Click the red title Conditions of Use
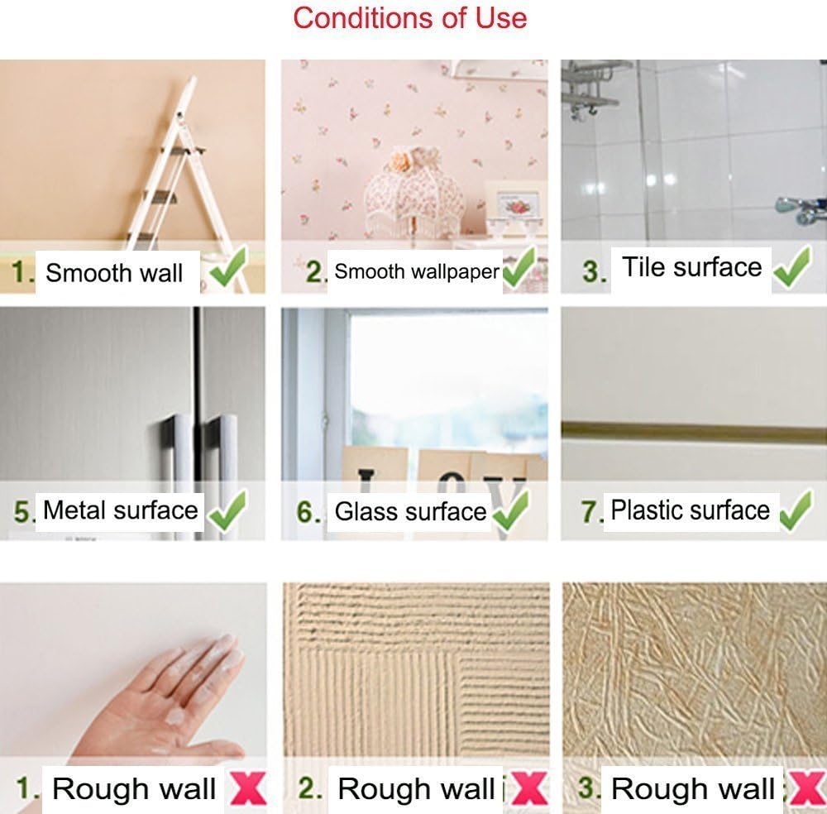click(x=410, y=18)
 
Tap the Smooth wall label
click(x=114, y=273)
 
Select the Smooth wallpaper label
click(x=417, y=271)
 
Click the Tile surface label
click(x=692, y=267)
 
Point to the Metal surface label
click(x=120, y=510)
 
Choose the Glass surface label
click(x=410, y=512)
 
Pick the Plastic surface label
click(x=690, y=510)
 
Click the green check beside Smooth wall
click(x=228, y=267)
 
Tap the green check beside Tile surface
click(x=792, y=267)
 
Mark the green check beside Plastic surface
click(x=796, y=510)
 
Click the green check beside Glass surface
click(x=510, y=510)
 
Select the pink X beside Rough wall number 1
click(x=248, y=788)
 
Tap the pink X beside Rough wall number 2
click(x=529, y=788)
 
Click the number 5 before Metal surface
click(x=22, y=512)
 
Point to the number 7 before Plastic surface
click(x=590, y=512)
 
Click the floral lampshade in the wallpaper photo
click(x=414, y=191)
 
